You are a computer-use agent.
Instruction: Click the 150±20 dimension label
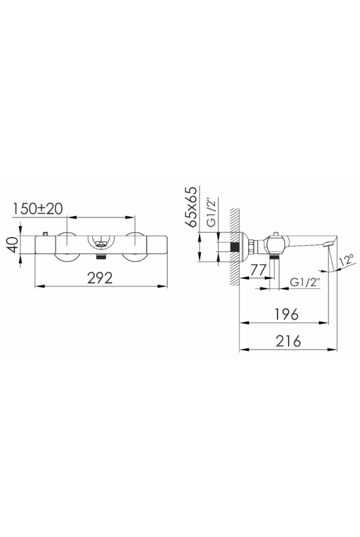tap(38, 208)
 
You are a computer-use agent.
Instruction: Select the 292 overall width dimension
tap(100, 278)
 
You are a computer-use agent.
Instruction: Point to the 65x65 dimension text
tap(191, 207)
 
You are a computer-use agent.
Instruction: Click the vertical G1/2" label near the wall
tap(212, 212)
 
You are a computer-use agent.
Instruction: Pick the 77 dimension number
tap(258, 270)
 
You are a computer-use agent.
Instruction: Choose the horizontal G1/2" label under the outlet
tap(305, 282)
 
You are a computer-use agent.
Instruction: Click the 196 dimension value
tap(287, 314)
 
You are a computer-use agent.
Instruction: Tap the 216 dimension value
tap(288, 341)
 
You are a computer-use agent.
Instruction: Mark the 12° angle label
tap(347, 261)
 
